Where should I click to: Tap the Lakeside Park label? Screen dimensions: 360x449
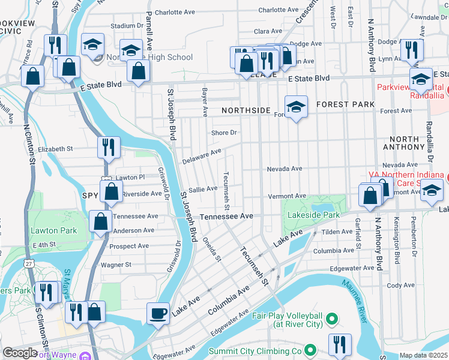click(314, 214)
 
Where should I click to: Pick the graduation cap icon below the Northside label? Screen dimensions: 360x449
click(296, 107)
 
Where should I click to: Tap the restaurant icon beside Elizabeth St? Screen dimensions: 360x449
click(109, 147)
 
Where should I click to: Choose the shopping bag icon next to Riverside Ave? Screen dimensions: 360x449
click(111, 192)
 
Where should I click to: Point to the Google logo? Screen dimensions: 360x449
click(20, 353)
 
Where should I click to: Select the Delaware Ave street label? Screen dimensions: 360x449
click(202, 155)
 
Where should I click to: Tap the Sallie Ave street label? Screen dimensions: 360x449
click(203, 189)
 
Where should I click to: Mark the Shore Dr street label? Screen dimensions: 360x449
click(224, 133)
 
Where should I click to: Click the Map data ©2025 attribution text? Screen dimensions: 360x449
click(424, 356)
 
